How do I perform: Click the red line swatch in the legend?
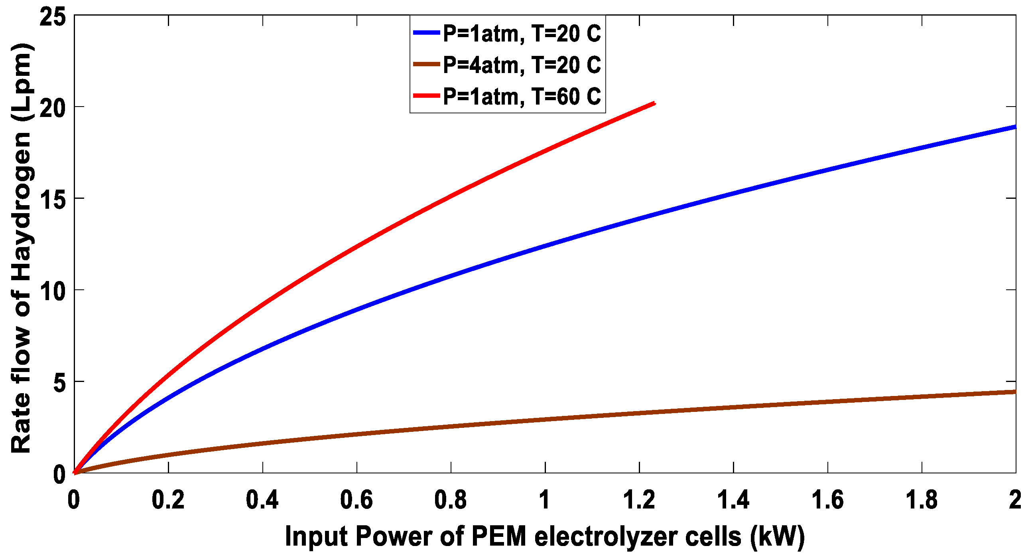point(427,96)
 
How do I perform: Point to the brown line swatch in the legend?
point(427,65)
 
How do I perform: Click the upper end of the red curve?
point(654,103)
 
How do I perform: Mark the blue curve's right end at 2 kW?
point(1014,127)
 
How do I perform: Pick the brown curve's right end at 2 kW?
point(1014,392)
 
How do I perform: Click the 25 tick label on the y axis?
point(53,17)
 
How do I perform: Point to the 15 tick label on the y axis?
point(53,199)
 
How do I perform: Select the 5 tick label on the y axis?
point(59,383)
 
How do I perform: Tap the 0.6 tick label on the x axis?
point(356,500)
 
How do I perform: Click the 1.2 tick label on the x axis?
point(639,500)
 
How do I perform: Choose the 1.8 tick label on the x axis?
point(922,500)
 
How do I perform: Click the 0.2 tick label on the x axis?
point(168,500)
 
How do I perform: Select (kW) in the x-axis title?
point(777,536)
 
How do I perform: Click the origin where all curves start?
point(75,473)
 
